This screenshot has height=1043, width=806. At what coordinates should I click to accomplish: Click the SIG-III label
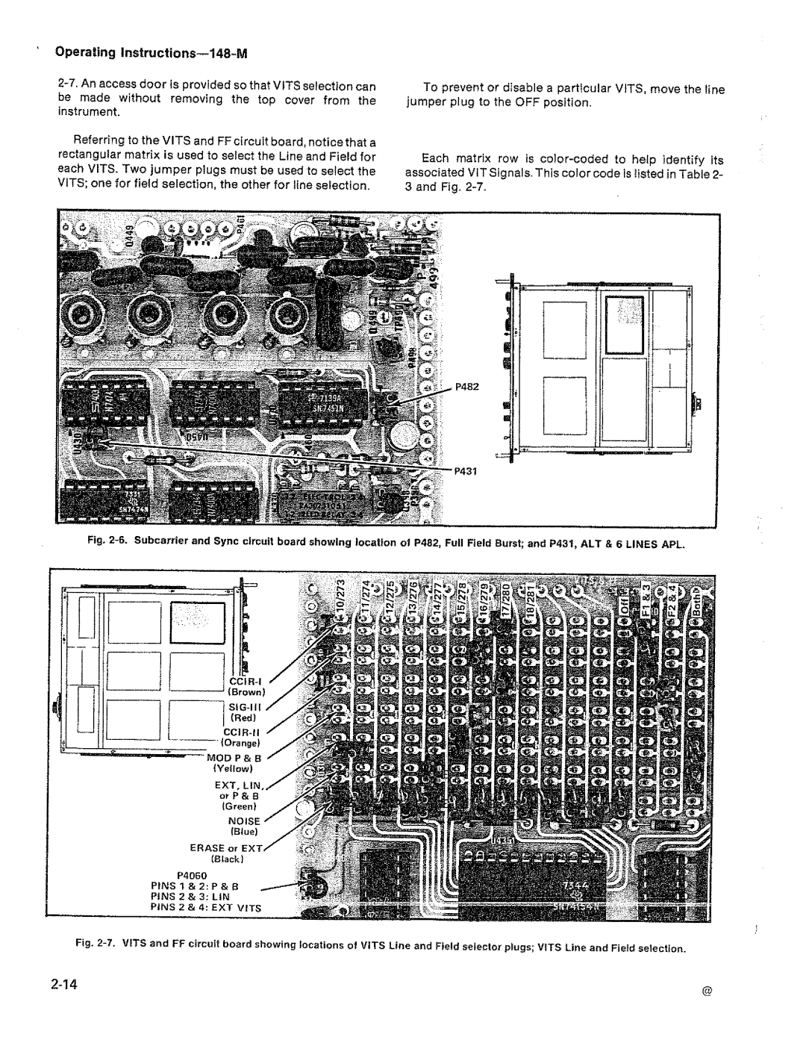coord(242,706)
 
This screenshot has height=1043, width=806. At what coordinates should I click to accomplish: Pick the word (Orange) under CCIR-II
coord(239,743)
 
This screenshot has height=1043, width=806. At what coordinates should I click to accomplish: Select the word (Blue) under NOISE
coord(243,832)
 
